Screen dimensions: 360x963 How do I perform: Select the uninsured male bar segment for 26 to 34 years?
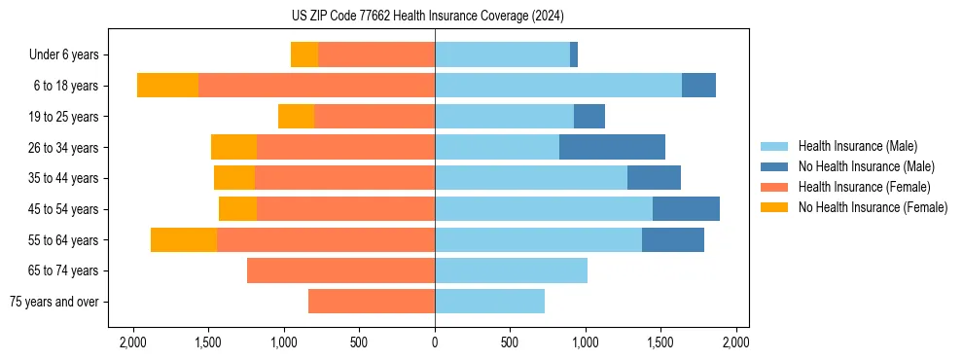click(612, 147)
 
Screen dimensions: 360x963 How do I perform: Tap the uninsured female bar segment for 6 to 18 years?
click(167, 86)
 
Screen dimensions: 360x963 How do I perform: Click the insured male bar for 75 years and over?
click(489, 302)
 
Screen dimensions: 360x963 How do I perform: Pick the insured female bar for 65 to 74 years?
click(340, 270)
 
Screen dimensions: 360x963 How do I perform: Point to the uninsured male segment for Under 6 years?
click(574, 54)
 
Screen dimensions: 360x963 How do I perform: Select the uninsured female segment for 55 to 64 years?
click(184, 239)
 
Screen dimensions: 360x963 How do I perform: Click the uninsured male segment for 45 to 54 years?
click(686, 209)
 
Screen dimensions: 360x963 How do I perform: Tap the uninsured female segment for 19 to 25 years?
click(296, 117)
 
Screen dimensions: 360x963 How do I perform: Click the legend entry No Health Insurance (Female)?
click(873, 207)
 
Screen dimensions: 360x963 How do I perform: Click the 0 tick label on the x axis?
click(435, 342)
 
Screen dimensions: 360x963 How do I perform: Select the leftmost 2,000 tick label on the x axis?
click(132, 342)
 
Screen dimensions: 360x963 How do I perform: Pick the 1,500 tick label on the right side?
click(660, 342)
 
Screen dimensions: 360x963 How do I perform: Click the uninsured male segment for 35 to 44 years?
click(654, 178)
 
